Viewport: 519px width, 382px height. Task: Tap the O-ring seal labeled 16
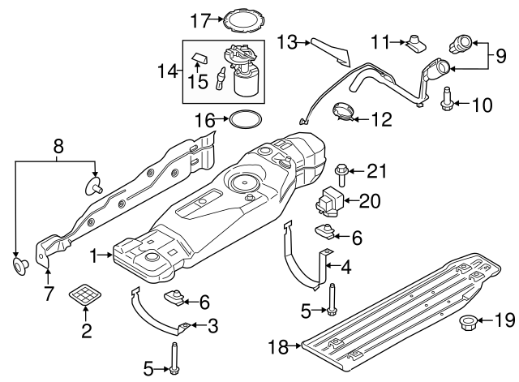coord(243,121)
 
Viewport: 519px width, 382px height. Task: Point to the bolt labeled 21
coord(341,173)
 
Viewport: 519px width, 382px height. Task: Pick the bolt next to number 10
coord(444,103)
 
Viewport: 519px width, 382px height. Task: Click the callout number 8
coord(58,146)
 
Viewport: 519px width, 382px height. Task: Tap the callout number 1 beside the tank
coord(96,255)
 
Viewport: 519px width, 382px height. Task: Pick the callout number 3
coord(212,326)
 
